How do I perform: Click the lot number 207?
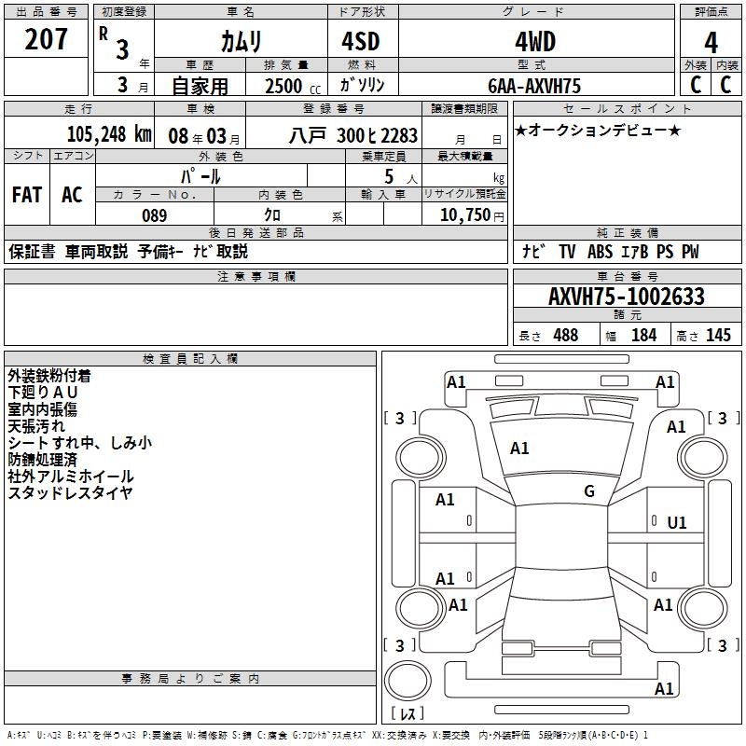coord(46,40)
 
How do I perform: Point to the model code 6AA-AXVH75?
coord(534,86)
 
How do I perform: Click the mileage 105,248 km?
coord(109,134)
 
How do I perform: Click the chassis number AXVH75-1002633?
coord(626,297)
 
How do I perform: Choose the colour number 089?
coord(154,215)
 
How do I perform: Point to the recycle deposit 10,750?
coord(464,215)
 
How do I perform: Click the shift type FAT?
coord(27,195)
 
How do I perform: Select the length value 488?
coord(565,336)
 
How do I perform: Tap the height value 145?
coord(718,336)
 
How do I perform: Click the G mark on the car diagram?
coord(588,491)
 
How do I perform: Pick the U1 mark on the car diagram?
coord(676,523)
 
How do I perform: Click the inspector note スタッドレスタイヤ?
coord(70,493)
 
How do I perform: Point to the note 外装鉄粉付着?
coord(62,376)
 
